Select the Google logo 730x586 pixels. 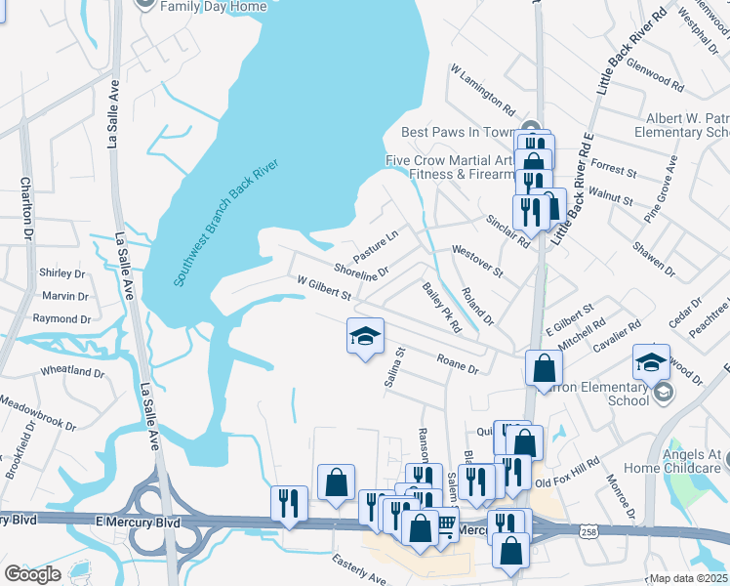(32, 573)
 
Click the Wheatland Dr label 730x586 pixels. (72, 372)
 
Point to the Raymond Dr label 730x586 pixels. (61, 319)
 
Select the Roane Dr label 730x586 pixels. (458, 363)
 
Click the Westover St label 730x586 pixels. (476, 262)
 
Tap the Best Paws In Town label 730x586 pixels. (457, 132)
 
